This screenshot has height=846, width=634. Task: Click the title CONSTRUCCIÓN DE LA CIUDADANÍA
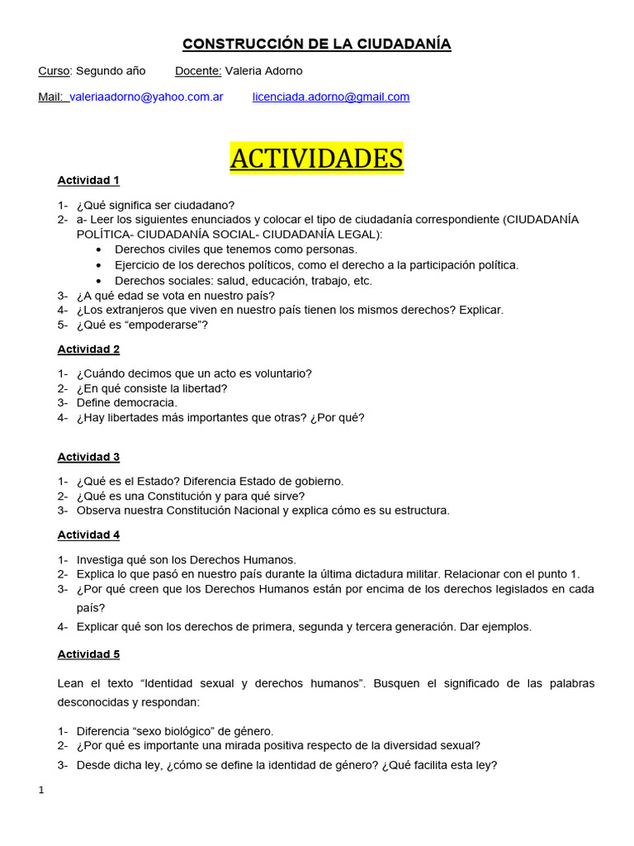point(316,44)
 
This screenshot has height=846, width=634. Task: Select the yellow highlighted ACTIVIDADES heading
point(316,158)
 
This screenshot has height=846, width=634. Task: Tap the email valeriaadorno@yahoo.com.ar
point(146,97)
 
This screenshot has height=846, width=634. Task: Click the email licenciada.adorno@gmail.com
point(330,97)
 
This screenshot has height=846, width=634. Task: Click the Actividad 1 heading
point(88,180)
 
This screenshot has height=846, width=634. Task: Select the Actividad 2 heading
point(88,349)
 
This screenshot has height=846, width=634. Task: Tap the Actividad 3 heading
point(88,457)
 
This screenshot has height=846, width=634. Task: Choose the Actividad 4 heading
point(88,535)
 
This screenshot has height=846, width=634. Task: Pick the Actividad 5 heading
point(88,654)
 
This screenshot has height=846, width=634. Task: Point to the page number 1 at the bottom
point(41,791)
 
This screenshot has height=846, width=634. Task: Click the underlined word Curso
point(54,70)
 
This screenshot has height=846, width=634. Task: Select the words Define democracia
point(126,402)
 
